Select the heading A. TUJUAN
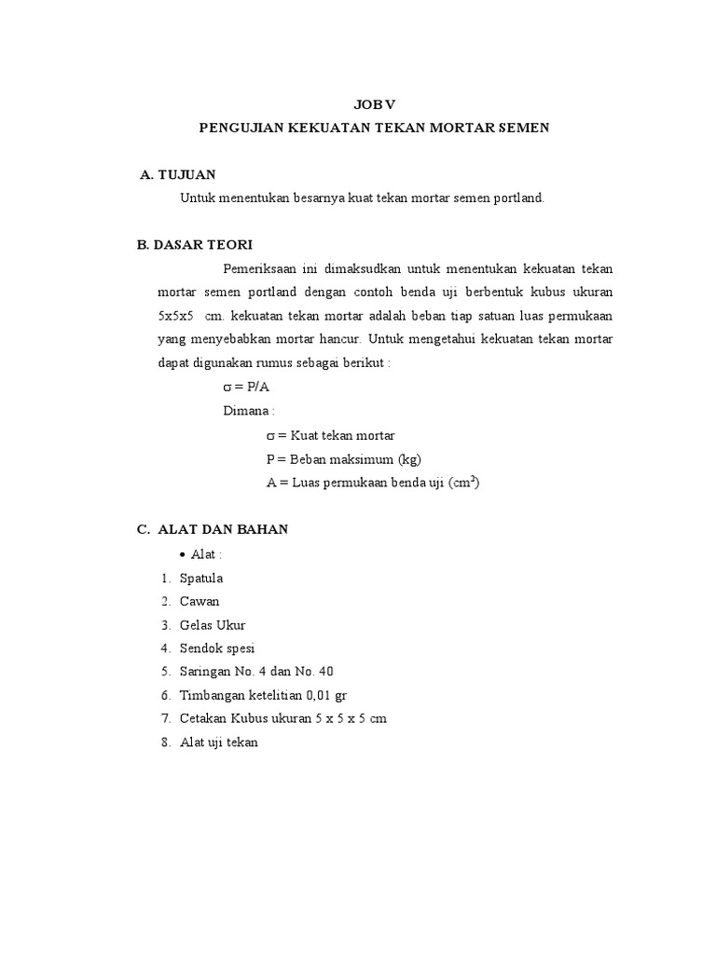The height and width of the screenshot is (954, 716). tap(177, 174)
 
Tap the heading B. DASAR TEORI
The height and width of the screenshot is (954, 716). tap(194, 245)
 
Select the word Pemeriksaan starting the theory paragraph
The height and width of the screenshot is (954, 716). tap(261, 268)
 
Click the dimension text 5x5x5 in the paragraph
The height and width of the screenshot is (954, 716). tap(174, 317)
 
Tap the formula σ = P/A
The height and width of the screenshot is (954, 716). tap(246, 388)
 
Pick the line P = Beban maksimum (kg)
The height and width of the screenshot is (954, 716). tap(343, 458)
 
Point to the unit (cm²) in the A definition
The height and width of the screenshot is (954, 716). tap(463, 482)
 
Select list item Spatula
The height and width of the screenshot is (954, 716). tap(200, 578)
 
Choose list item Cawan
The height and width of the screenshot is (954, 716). tap(200, 601)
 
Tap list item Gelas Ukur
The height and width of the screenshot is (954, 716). tap(213, 624)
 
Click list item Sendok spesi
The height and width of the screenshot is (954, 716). tap(216, 647)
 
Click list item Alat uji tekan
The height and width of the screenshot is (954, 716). tap(218, 742)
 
